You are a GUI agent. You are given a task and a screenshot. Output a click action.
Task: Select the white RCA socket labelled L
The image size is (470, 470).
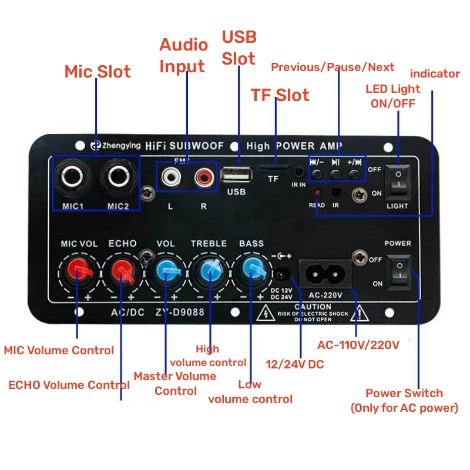170,176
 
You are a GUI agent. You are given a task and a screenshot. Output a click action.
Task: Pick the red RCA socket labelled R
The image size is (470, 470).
204,176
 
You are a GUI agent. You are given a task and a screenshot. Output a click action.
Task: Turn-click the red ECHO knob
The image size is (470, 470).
122,271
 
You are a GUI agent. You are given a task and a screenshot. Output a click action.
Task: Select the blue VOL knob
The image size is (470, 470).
166,271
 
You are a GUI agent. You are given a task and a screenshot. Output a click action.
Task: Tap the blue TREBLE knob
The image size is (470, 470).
209,271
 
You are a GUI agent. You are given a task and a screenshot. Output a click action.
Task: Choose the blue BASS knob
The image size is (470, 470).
251,271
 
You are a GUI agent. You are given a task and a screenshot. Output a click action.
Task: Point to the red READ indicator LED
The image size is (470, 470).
317,193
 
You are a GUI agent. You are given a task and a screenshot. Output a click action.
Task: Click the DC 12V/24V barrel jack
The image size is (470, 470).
283,274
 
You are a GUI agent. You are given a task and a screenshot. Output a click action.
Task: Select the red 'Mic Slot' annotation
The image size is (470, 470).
97,72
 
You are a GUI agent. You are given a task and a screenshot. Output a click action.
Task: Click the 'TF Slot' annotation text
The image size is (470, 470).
280,95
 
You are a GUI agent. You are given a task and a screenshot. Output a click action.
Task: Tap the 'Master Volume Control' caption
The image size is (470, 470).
174,383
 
